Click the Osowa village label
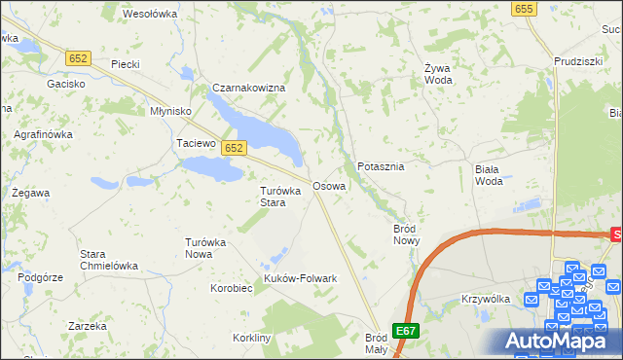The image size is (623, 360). [328, 186]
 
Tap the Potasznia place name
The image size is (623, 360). [381, 166]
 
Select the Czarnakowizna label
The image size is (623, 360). [249, 89]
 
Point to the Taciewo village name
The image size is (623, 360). [195, 143]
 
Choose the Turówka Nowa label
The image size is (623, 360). [205, 248]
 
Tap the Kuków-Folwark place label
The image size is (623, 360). [300, 278]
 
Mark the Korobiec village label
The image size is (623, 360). [232, 288]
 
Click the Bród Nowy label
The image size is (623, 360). [405, 234]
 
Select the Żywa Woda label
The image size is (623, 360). [436, 74]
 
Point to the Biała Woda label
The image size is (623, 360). [489, 174]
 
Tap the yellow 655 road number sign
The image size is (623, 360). [524, 9]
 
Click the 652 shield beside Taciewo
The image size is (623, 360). [233, 148]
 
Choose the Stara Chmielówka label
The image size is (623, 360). [108, 260]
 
